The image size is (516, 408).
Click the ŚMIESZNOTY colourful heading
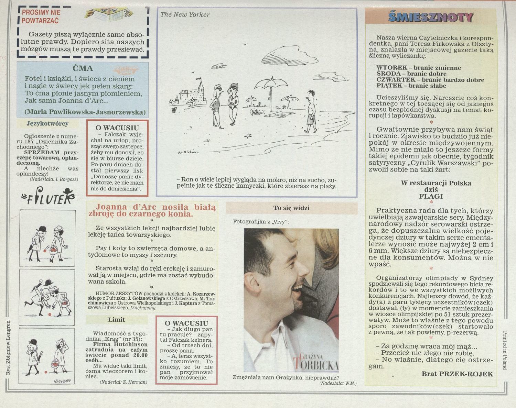[431, 17]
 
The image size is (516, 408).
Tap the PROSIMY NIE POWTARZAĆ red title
[41, 16]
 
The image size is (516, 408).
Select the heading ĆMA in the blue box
[83, 68]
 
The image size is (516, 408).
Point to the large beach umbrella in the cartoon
[271, 93]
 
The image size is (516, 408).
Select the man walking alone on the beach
[311, 111]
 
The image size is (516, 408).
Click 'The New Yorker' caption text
[185, 15]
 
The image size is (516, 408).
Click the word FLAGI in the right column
[431, 197]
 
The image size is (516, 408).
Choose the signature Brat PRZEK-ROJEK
[457, 374]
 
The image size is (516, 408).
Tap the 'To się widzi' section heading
[291, 208]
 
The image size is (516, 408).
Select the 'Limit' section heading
[117, 320]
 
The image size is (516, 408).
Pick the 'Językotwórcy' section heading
[48, 124]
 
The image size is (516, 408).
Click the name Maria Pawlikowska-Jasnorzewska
[85, 112]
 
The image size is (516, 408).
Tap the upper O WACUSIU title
[117, 128]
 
